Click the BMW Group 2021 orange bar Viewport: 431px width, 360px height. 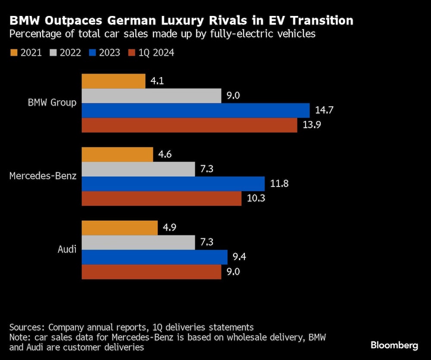(113, 81)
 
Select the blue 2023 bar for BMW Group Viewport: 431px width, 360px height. (195, 110)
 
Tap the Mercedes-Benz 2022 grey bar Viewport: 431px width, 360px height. (138, 169)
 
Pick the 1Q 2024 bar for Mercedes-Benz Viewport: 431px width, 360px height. (162, 199)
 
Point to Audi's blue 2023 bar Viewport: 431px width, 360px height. (154, 257)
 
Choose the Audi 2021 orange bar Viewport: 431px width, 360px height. (119, 228)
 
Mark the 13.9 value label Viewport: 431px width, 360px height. (311, 125)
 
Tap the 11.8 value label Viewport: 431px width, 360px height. (278, 184)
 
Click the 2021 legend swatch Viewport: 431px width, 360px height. (13, 53)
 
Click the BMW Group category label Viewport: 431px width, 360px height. (52, 103)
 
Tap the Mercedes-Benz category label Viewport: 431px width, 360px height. (43, 176)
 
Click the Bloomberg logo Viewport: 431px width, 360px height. (394, 345)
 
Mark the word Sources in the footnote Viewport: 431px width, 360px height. (25, 327)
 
